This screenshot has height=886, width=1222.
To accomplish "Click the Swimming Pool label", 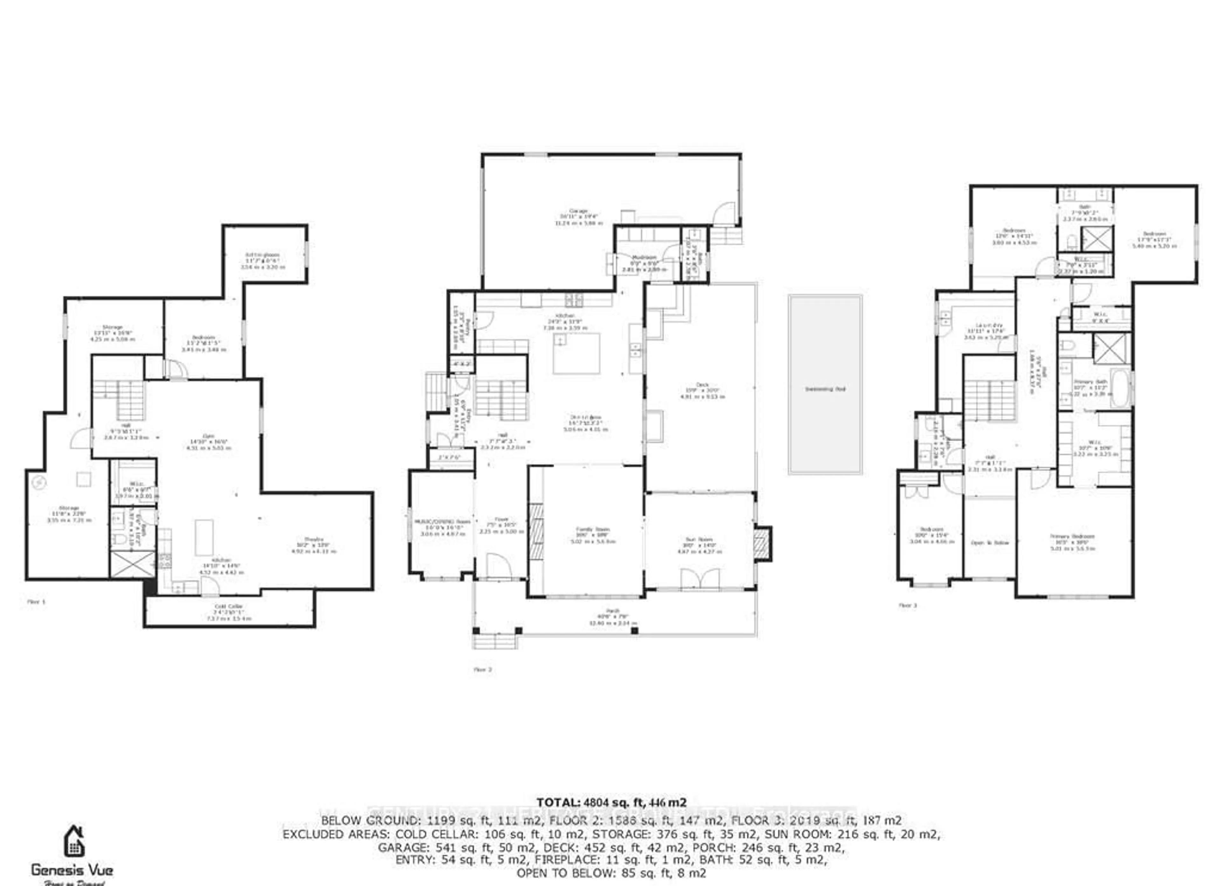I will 825,389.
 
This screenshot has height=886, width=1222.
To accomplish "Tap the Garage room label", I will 578,211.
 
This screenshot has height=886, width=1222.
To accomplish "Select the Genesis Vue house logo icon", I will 74,841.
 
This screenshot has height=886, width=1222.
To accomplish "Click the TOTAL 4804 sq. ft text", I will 611,803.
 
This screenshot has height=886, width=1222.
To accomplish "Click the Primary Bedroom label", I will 1072,536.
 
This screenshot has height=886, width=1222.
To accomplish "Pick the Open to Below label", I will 989,543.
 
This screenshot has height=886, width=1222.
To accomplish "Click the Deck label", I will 702,385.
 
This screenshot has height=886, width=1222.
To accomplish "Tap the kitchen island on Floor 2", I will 576,353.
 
